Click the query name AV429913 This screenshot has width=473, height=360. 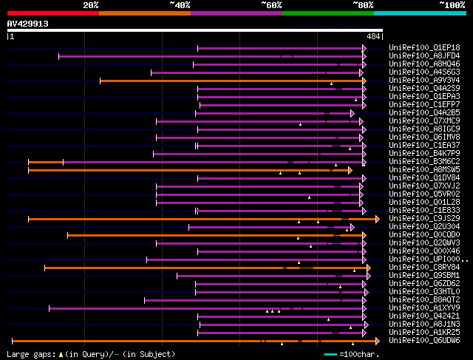(27, 24)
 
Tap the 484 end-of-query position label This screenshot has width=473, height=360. (372, 35)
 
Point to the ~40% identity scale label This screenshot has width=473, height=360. (180, 4)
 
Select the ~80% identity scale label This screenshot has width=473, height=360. (363, 4)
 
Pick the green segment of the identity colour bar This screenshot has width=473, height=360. (327, 13)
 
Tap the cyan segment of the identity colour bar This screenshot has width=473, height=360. (419, 13)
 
